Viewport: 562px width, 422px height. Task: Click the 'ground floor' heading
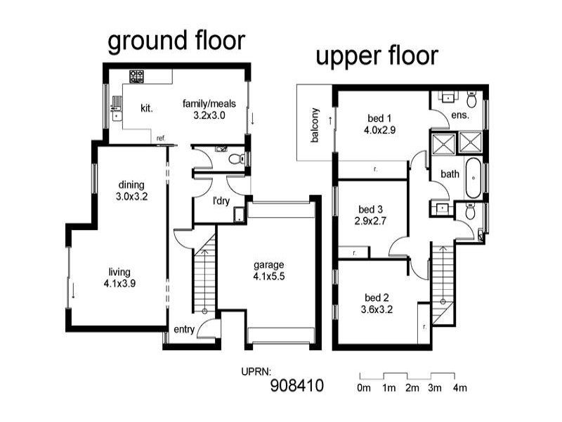tap(176, 41)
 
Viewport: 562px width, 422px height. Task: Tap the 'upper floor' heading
tap(377, 57)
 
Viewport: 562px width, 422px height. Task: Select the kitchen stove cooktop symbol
tap(136, 77)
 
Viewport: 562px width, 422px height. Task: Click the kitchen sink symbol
tap(117, 108)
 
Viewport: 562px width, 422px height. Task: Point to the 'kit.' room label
tap(147, 108)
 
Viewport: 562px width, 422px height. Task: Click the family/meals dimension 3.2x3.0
tap(209, 115)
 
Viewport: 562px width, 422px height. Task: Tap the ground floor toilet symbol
tap(237, 159)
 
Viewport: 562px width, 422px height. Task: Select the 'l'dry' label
tap(221, 201)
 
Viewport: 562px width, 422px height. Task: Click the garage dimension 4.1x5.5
tap(269, 276)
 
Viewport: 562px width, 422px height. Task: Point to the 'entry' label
tap(184, 329)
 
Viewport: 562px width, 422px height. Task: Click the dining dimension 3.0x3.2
tap(131, 197)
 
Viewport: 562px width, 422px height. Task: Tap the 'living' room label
tap(119, 272)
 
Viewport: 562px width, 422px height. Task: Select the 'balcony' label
tap(315, 125)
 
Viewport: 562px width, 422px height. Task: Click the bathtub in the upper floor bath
tap(473, 178)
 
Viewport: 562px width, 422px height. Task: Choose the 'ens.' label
tap(460, 115)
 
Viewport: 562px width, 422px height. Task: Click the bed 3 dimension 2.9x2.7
tap(371, 221)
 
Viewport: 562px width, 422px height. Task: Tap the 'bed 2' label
tap(377, 298)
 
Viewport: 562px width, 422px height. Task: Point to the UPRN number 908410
tap(297, 385)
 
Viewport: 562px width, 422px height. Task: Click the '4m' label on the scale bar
tap(460, 388)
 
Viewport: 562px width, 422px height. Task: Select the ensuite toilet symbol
tap(471, 100)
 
